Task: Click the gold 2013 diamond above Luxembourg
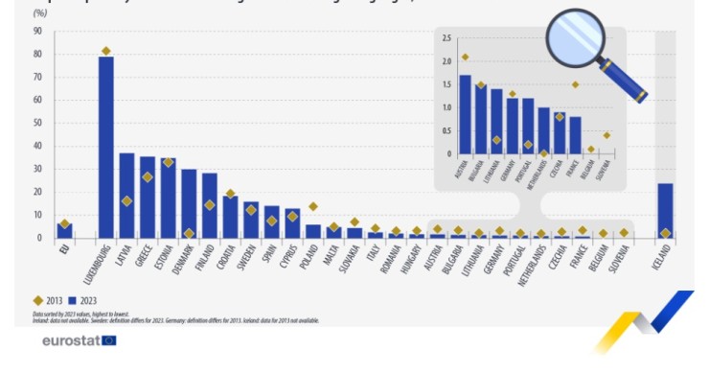click(x=105, y=51)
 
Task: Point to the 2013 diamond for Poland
click(x=313, y=206)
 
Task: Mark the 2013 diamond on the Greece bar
click(x=148, y=177)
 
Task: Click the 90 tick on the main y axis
click(x=36, y=31)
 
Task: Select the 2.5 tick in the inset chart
click(x=446, y=38)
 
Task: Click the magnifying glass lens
click(x=576, y=37)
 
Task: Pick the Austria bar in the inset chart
click(x=466, y=114)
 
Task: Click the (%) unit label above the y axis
click(x=40, y=13)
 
